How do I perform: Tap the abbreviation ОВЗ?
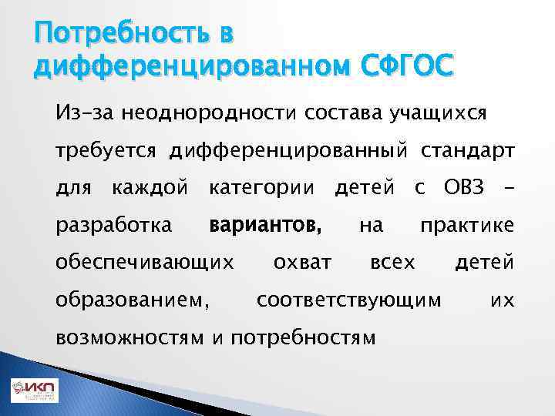click(467, 188)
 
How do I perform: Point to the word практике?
click(466, 225)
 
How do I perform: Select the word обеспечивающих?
click(145, 262)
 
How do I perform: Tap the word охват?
click(303, 262)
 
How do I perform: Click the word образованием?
click(132, 299)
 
